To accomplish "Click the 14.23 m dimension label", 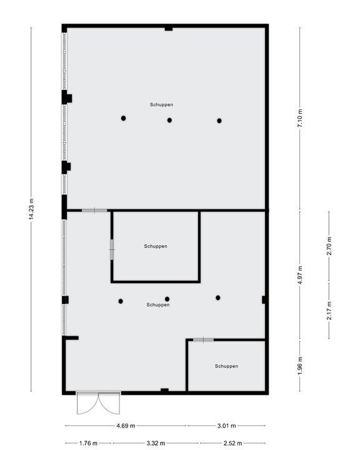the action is (x=31, y=209).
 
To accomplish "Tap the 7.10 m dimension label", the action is (x=300, y=118).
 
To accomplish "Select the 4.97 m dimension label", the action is (x=300, y=275).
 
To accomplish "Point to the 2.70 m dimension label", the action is (x=329, y=246).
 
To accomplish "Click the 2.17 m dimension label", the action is (x=329, y=311).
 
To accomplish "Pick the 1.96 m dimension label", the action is (x=300, y=366).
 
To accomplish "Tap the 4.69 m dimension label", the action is (x=126, y=426).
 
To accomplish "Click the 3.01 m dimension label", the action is (x=226, y=426).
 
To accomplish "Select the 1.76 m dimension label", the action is (x=88, y=443).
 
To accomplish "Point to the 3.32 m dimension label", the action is (x=156, y=443).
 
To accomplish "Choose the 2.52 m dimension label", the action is (x=232, y=443).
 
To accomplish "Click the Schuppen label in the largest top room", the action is (x=161, y=105).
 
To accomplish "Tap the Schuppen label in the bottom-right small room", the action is (x=226, y=366).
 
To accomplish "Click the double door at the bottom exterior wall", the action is (x=99, y=403).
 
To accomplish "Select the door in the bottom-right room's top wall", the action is (x=203, y=340).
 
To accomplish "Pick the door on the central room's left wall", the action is (x=112, y=249).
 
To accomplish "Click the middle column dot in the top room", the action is (x=169, y=120).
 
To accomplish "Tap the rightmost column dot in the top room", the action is (x=219, y=121).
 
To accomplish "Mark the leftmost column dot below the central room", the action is (x=121, y=301).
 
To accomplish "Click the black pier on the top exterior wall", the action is (x=169, y=29).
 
